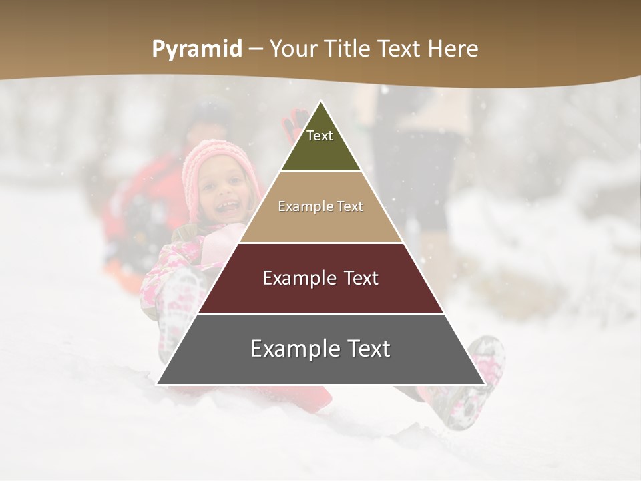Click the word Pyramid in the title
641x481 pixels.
[197, 49]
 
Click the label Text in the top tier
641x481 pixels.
[320, 136]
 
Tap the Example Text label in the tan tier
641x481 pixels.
[320, 206]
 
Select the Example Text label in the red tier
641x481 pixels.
[320, 278]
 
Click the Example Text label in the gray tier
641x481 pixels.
[320, 349]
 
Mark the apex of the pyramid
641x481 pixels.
[320, 102]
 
